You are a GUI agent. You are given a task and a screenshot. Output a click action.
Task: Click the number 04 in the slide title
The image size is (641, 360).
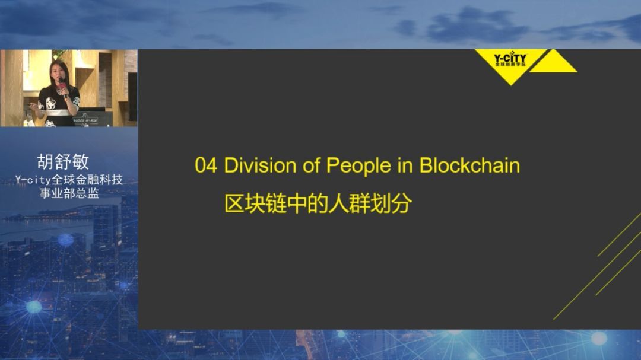[206, 165]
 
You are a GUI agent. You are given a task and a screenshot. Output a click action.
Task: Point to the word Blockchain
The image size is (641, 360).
[469, 165]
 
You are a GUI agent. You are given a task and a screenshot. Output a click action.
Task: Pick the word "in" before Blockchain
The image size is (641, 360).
[405, 165]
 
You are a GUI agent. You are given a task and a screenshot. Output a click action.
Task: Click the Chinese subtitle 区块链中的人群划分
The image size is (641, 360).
[318, 203]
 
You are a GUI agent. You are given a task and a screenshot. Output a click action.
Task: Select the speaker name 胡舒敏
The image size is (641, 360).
[63, 161]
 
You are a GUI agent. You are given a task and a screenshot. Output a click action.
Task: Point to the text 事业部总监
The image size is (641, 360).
[69, 193]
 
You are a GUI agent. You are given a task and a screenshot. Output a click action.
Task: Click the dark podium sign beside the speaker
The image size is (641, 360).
[92, 118]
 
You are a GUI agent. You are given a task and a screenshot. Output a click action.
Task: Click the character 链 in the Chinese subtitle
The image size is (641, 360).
[276, 203]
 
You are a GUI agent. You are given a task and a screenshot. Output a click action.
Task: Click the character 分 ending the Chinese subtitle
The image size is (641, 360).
[402, 203]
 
